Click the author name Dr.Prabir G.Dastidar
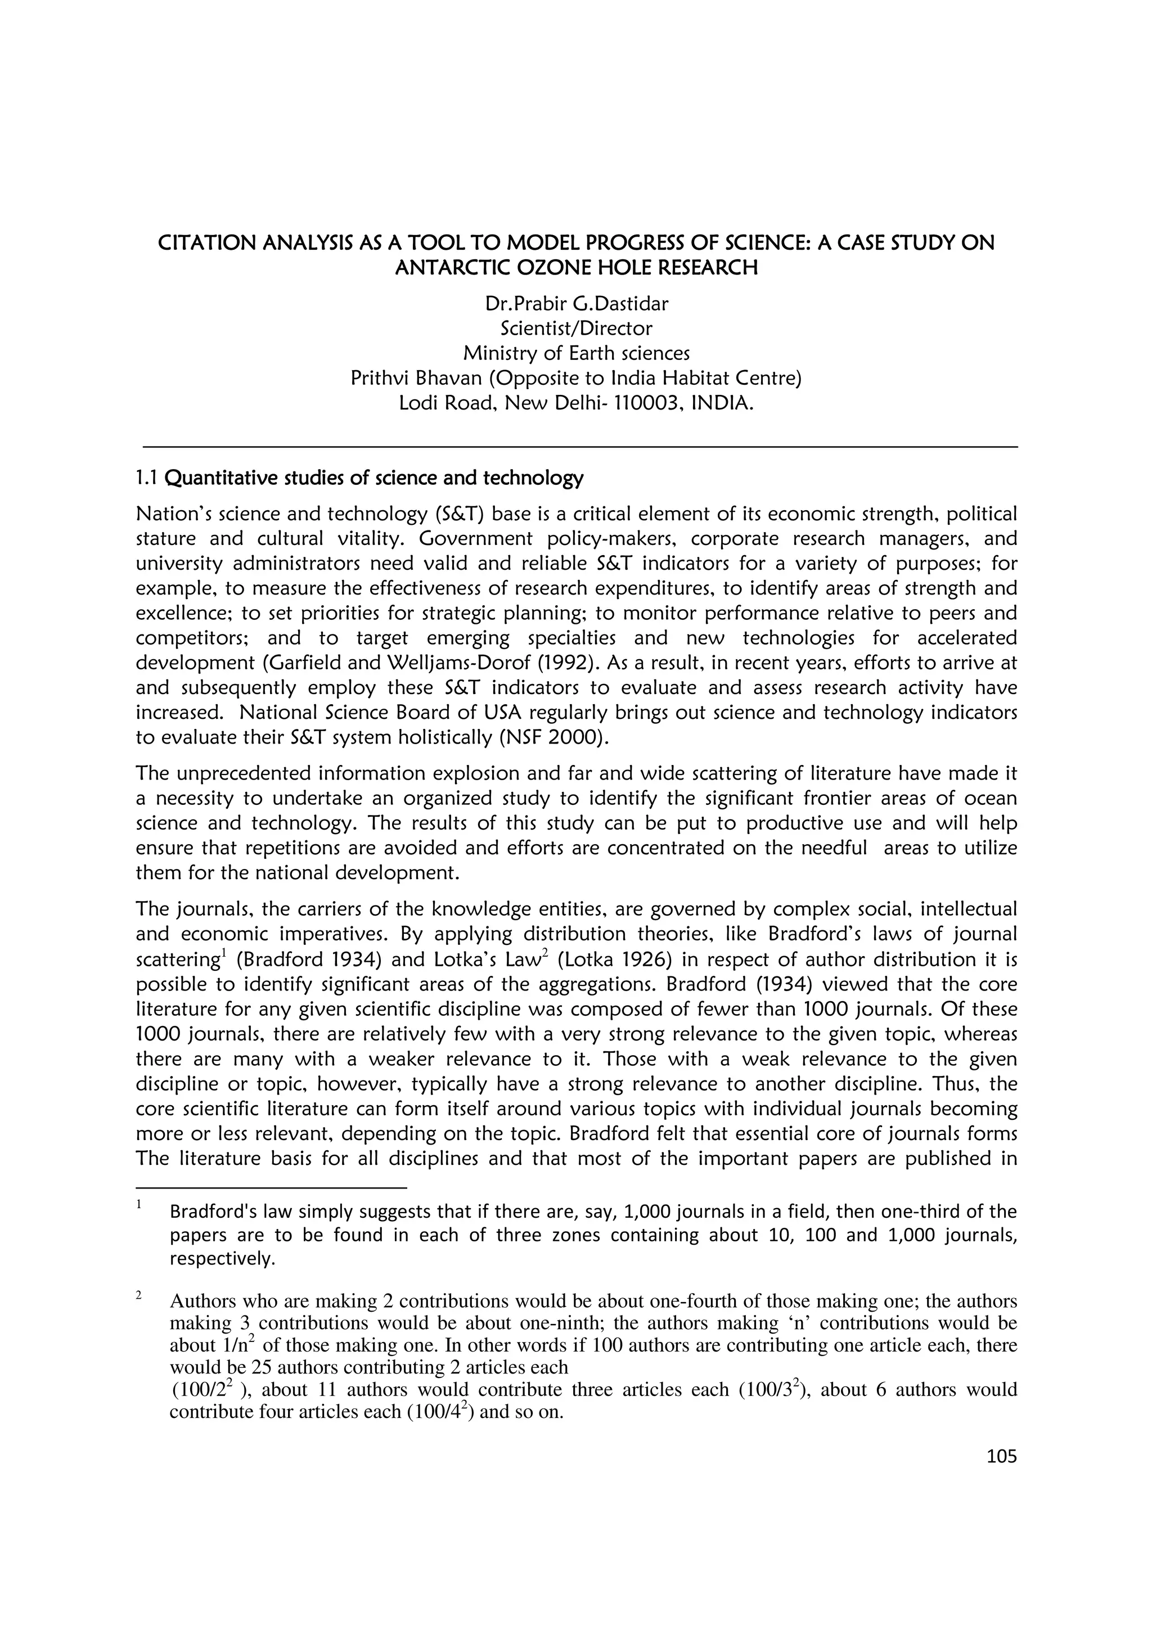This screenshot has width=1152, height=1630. pyautogui.click(x=575, y=304)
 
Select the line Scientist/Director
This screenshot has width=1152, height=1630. pyautogui.click(x=575, y=328)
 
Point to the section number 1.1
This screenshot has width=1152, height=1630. pyautogui.click(x=147, y=479)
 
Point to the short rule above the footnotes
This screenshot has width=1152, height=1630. pyautogui.click(x=271, y=1187)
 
